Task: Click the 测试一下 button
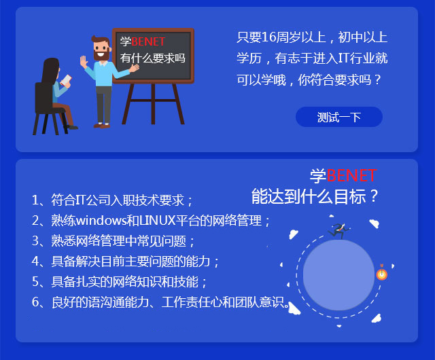pos(339,117)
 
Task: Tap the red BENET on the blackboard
pos(148,42)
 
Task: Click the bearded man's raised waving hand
pos(84,62)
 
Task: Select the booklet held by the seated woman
pos(66,79)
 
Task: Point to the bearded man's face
pos(101,50)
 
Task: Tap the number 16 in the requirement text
pos(268,37)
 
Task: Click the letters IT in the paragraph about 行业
pos(343,58)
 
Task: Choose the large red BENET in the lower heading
pos(351,175)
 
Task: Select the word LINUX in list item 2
pos(158,221)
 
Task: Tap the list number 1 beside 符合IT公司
pos(35,200)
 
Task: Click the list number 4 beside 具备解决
pos(35,262)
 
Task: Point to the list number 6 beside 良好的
pos(35,302)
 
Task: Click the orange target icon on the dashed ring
pos(382,274)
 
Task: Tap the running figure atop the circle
pos(338,230)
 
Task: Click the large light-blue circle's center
pos(338,275)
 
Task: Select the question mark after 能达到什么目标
pos(374,196)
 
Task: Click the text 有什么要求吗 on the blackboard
pos(152,58)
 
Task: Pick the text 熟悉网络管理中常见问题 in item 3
pos(118,240)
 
